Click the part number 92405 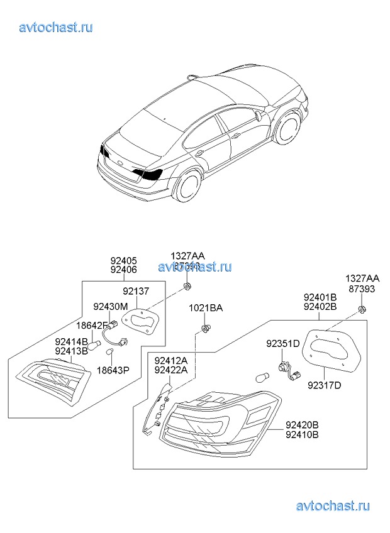[x=123, y=261]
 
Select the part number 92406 [x=123, y=270]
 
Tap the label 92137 [x=136, y=292]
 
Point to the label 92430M [x=110, y=307]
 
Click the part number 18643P [x=113, y=371]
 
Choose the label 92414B [x=71, y=341]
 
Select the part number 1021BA [x=206, y=308]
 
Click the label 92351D [x=282, y=344]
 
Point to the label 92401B [x=320, y=297]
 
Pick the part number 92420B [x=302, y=425]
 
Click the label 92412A [x=171, y=361]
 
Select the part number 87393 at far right [x=362, y=288]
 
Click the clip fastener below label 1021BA [x=205, y=329]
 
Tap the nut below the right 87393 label [x=362, y=309]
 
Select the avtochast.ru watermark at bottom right [x=332, y=505]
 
